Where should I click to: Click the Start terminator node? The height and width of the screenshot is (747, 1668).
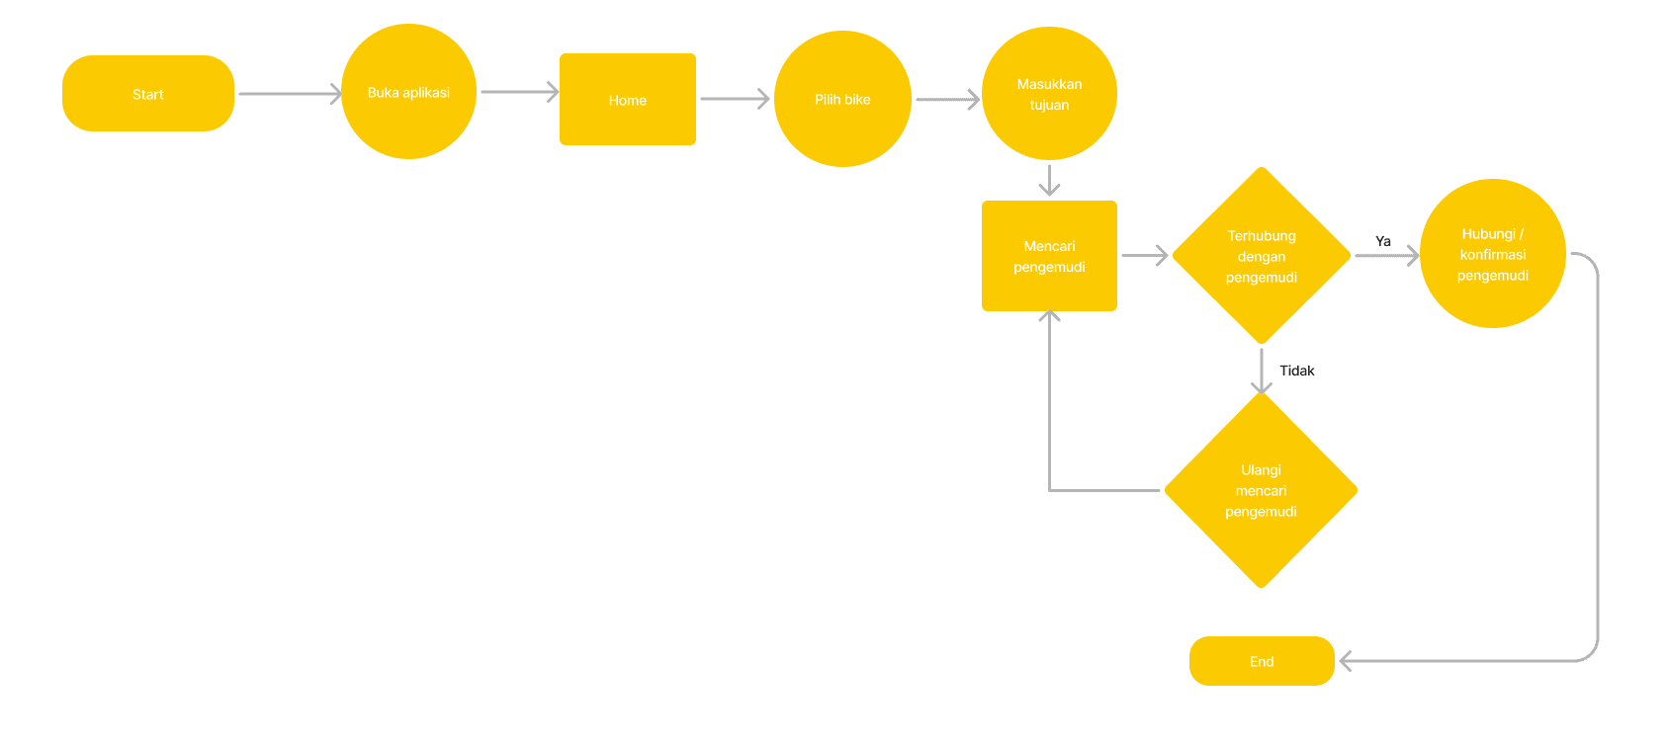coord(148,94)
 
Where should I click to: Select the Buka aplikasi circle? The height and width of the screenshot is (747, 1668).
coord(408,92)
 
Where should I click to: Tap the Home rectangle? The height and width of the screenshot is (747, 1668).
coord(628,100)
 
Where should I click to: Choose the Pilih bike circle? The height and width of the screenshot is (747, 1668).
coord(842,99)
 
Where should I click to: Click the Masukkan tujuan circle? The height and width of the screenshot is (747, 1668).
coord(1049,94)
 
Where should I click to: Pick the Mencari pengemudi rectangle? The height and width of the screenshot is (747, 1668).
coord(1049,256)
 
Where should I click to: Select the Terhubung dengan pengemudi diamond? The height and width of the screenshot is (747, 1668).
coord(1262,256)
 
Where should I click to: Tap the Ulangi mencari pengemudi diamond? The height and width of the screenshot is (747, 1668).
coord(1261,490)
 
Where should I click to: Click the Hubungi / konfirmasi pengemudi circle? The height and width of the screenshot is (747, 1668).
coord(1493,254)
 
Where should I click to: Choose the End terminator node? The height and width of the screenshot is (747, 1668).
coord(1262,661)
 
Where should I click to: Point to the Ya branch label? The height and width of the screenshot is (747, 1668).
coord(1383,241)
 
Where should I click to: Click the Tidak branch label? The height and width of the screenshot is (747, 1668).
coord(1297,371)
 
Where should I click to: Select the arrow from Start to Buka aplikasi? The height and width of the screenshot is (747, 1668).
coord(289,94)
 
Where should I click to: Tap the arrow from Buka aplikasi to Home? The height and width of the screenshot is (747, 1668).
coord(518,92)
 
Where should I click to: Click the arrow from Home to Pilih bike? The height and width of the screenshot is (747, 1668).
coord(734,99)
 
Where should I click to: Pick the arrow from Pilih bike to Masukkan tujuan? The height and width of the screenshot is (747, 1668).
coord(946,99)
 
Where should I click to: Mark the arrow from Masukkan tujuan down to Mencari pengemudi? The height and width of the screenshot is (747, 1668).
coord(1049,180)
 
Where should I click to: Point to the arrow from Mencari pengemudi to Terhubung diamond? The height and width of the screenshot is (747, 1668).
coord(1144,256)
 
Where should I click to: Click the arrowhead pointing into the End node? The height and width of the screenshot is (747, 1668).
coord(1347,661)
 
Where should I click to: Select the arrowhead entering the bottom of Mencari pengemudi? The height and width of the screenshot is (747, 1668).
coord(1049,316)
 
